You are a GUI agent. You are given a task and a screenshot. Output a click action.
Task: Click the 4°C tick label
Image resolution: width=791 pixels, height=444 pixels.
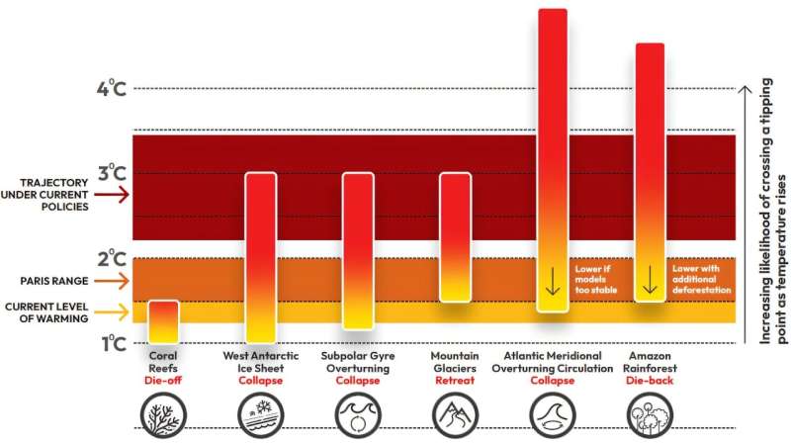[x=111, y=89]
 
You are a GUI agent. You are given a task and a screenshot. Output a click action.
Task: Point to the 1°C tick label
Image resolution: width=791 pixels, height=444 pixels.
[x=111, y=343]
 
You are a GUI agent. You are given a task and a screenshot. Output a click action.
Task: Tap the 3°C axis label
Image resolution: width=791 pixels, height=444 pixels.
[x=111, y=174]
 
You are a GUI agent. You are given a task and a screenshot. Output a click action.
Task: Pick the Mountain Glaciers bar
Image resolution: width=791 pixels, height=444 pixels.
[x=455, y=237]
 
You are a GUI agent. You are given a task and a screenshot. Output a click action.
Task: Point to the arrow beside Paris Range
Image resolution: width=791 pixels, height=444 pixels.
[x=115, y=281]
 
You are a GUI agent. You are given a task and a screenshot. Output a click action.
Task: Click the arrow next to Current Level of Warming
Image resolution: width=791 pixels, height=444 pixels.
[x=115, y=313]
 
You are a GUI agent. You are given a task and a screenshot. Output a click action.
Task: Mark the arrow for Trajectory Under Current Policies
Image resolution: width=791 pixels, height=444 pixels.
[x=115, y=195]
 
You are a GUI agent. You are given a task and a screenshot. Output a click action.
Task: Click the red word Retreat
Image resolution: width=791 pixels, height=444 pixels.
[x=455, y=380]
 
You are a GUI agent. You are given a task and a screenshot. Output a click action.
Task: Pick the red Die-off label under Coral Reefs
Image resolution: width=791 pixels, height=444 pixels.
[x=163, y=380]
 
